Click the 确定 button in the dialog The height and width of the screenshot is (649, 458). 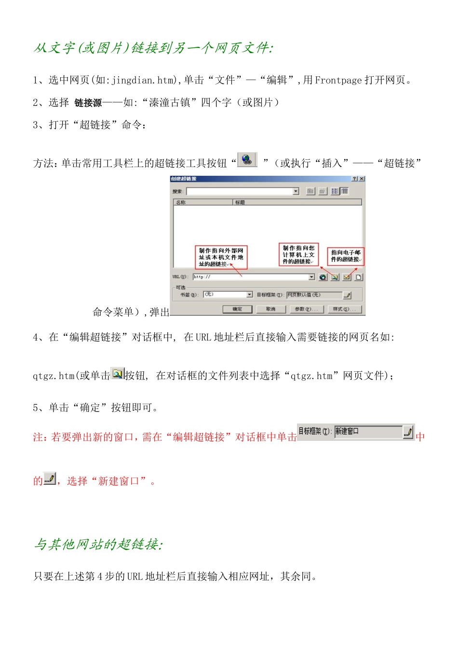pos(237,309)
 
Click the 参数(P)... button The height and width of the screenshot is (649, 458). pos(306,309)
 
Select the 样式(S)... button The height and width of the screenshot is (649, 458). pos(344,309)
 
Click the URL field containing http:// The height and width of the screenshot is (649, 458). pos(250,277)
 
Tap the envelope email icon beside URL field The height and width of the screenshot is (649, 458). pos(347,277)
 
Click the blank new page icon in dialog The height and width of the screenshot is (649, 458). pos(359,277)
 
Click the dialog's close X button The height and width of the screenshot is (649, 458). pos(362,179)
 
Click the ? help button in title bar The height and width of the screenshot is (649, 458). pos(355,179)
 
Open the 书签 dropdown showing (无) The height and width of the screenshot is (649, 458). pos(228,294)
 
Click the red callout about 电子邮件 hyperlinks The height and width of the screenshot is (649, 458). pos(346,256)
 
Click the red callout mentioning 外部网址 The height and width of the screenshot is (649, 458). pos(221,257)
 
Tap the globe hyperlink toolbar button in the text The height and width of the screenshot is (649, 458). pos(247,159)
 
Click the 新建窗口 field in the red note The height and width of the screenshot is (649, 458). pos(368,431)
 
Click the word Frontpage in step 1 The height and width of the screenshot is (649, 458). pos(338,80)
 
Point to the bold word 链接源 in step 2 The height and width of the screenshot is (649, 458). pos(88,103)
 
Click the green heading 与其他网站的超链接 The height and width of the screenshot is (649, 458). pos(98,544)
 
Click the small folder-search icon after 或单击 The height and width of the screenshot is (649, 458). pos(118,373)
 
